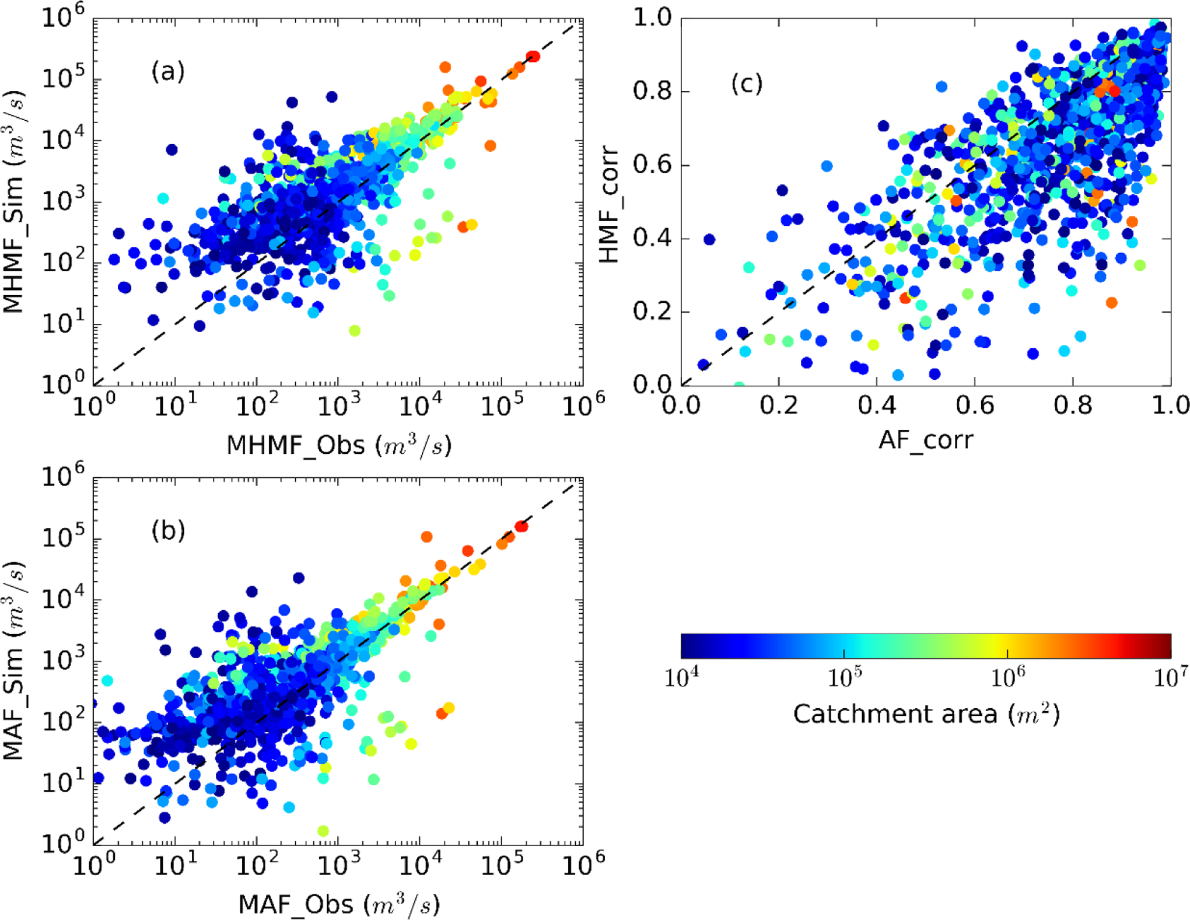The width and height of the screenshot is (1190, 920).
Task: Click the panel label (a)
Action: pos(168,71)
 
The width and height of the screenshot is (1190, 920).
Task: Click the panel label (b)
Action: pos(168,530)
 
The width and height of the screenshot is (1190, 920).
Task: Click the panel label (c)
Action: pos(747,83)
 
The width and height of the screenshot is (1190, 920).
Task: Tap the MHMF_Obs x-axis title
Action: pos(339,445)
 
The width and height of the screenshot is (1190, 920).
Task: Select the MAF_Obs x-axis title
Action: pos(339,904)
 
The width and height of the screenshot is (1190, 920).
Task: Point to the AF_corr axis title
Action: pos(926,439)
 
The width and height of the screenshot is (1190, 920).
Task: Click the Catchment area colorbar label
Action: pos(926,714)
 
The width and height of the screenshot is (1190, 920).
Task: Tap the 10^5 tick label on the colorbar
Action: pos(845,677)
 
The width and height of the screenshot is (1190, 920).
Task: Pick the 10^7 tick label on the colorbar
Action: pos(1170,677)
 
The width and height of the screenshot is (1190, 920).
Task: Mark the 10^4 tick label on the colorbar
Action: pos(681,677)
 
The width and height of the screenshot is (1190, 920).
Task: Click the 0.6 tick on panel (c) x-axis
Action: pos(975,404)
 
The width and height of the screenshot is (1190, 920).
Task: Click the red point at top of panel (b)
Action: pos(521,526)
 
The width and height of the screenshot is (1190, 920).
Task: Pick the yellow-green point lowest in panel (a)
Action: pos(355,331)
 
